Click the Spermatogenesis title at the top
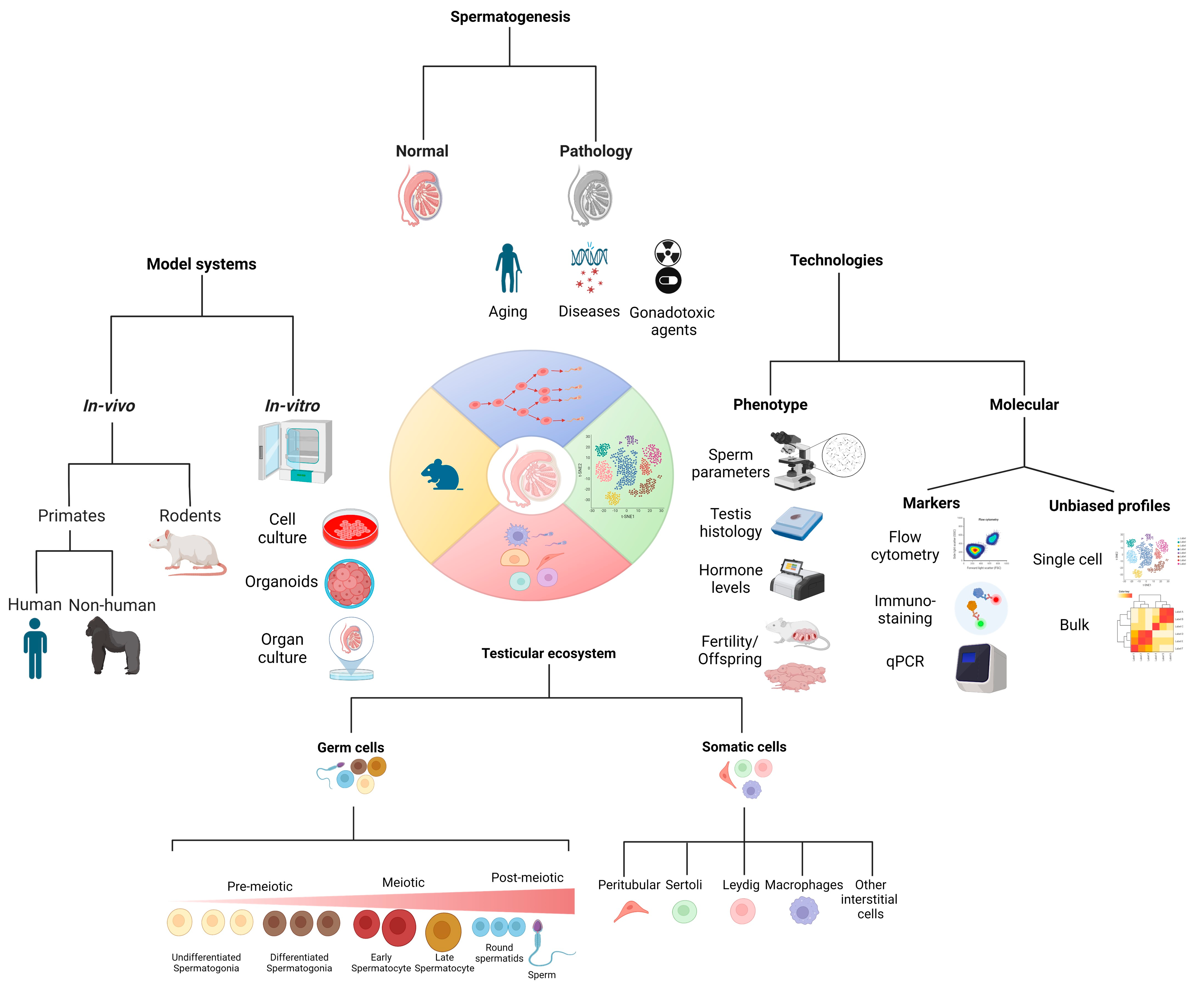point(510,17)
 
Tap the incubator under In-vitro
point(295,451)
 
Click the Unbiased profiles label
point(1109,506)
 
